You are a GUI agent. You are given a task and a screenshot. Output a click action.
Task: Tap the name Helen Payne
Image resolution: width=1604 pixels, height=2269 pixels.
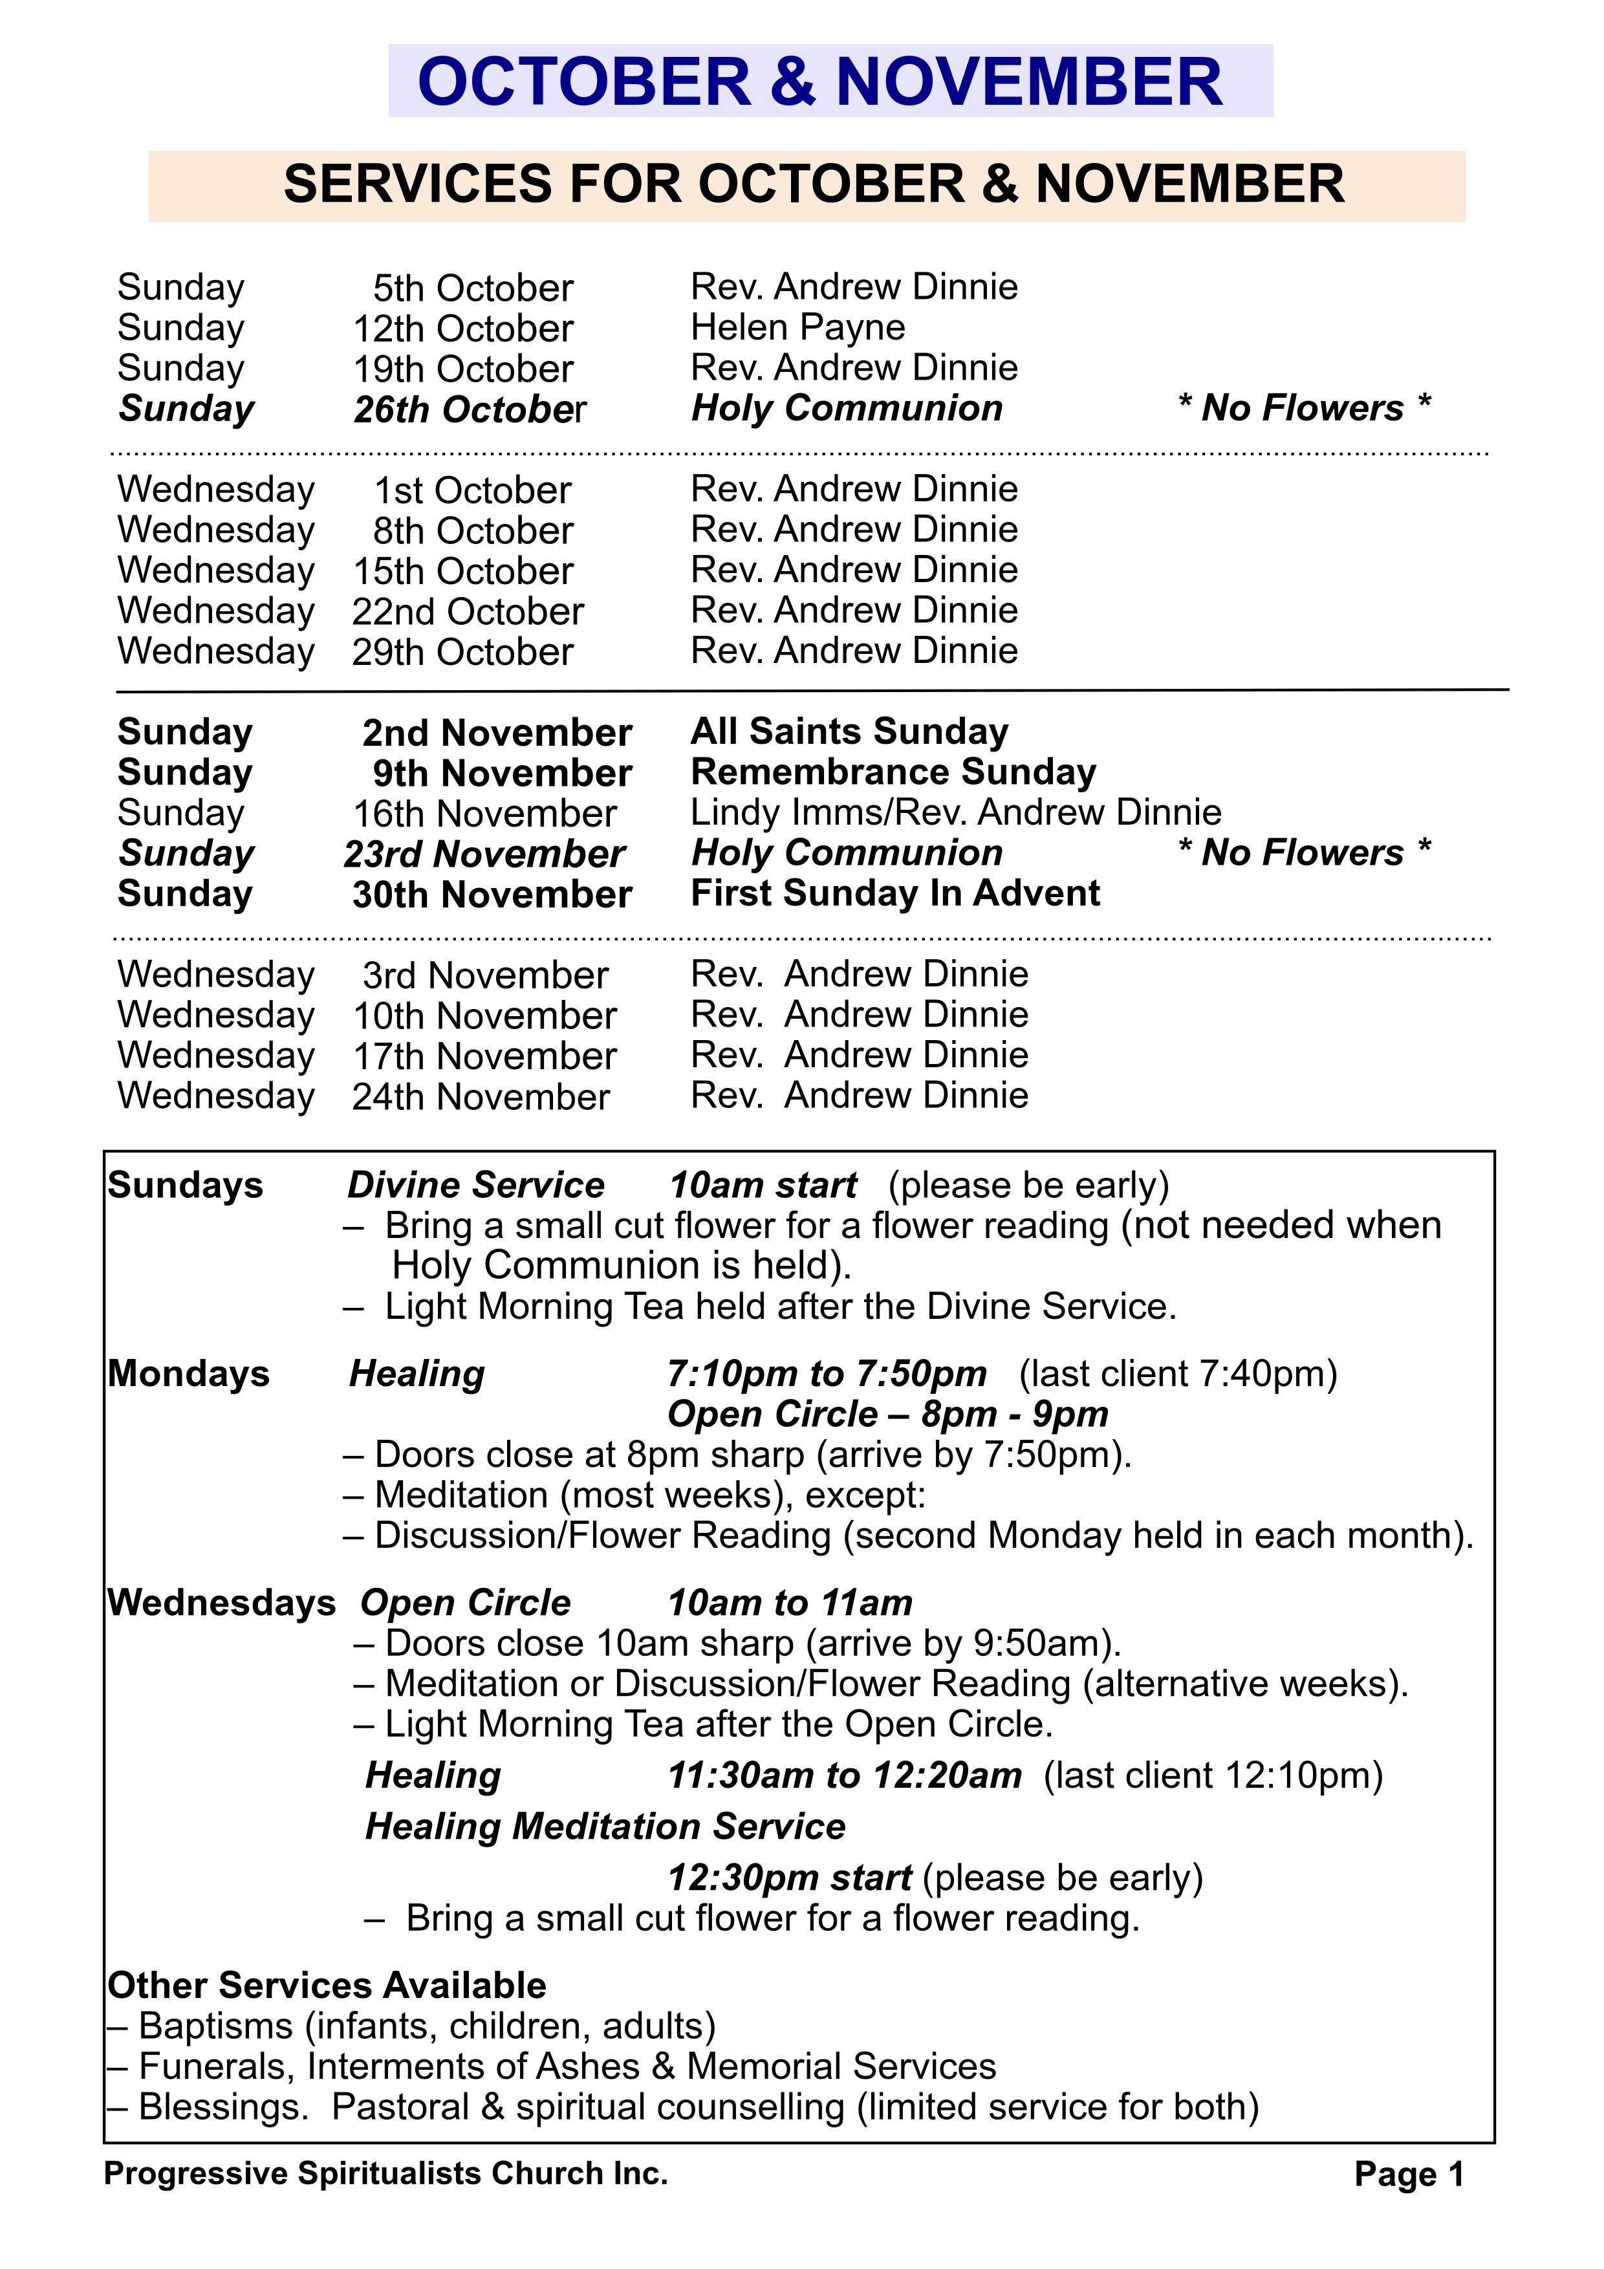(797, 327)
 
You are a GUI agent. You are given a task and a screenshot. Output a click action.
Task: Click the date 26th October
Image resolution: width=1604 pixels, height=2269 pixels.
(470, 409)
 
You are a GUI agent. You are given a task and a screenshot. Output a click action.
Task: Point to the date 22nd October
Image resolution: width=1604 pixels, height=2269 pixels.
(468, 612)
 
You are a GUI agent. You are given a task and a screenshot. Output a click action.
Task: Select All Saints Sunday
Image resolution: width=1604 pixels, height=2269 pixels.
(849, 732)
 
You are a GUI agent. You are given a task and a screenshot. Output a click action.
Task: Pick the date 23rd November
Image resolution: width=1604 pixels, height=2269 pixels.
(484, 854)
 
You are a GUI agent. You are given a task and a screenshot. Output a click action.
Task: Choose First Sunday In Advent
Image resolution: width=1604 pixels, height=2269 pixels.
(894, 893)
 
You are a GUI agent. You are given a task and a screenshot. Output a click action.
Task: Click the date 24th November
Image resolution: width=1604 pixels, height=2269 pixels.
(481, 1097)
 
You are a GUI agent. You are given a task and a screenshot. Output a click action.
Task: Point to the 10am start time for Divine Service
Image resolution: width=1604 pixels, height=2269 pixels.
(763, 1185)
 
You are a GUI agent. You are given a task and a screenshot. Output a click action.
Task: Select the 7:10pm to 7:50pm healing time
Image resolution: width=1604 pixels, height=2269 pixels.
(826, 1374)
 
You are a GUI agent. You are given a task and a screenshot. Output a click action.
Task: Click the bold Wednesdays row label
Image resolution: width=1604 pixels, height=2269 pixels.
(221, 1602)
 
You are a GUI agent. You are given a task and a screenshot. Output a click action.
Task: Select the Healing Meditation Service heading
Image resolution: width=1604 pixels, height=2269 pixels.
(605, 1827)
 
